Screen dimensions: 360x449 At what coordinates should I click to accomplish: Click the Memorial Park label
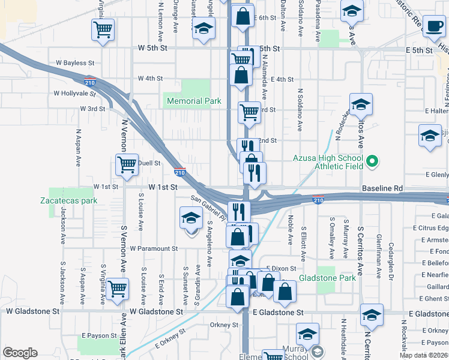[194, 101]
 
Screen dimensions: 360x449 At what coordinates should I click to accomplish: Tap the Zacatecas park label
[68, 200]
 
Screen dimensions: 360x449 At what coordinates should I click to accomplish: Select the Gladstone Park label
[330, 277]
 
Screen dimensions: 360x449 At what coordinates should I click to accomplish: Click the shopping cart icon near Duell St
[127, 164]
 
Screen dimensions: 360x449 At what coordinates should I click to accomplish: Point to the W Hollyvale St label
[74, 94]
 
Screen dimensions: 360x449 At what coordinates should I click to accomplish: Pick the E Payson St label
[100, 335]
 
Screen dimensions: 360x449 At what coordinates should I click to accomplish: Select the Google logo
[20, 353]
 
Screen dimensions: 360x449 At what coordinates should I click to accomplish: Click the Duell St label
[149, 163]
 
